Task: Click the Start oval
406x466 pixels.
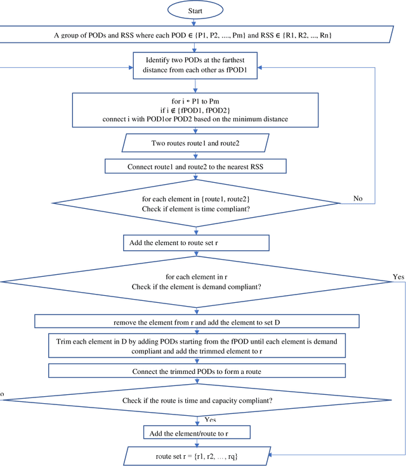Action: pos(195,11)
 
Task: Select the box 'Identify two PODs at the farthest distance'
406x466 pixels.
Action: pos(195,65)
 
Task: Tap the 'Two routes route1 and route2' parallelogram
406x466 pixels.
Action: pos(195,143)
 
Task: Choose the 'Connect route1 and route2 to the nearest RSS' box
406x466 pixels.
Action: pos(195,166)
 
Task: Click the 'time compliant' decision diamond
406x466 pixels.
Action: pos(195,203)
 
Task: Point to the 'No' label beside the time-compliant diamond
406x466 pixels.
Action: pos(357,199)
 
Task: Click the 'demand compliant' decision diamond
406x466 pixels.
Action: pos(195,282)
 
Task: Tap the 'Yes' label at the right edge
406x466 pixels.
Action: pos(398,277)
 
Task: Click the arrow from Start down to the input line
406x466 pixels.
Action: pos(195,23)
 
